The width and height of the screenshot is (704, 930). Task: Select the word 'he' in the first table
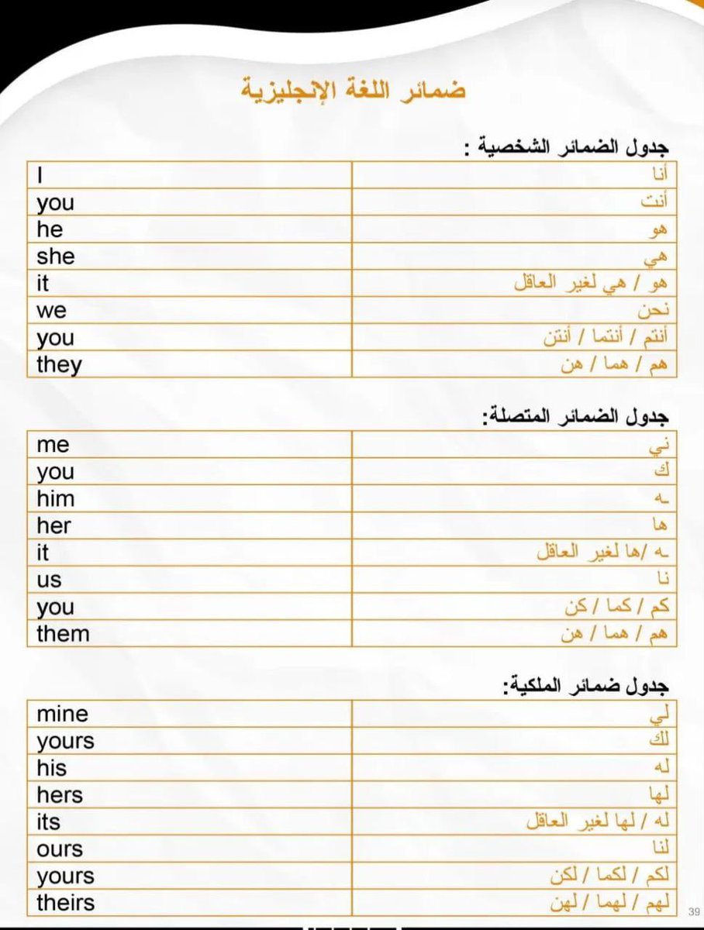point(50,229)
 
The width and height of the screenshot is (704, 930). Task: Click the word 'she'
point(56,257)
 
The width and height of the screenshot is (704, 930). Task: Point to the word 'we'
point(52,311)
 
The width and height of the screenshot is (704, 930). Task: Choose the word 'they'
point(59,365)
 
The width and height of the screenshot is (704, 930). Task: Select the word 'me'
point(53,445)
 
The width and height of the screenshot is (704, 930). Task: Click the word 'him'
point(56,498)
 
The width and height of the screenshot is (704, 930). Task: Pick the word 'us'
point(49,580)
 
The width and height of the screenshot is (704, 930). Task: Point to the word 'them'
point(63,634)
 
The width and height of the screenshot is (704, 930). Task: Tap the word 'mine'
point(62,714)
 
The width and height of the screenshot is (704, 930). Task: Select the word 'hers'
point(60,795)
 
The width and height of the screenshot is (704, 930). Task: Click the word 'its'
point(48,821)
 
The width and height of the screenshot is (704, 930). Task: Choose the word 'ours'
point(60,849)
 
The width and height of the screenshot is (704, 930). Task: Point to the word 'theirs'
point(66,903)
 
